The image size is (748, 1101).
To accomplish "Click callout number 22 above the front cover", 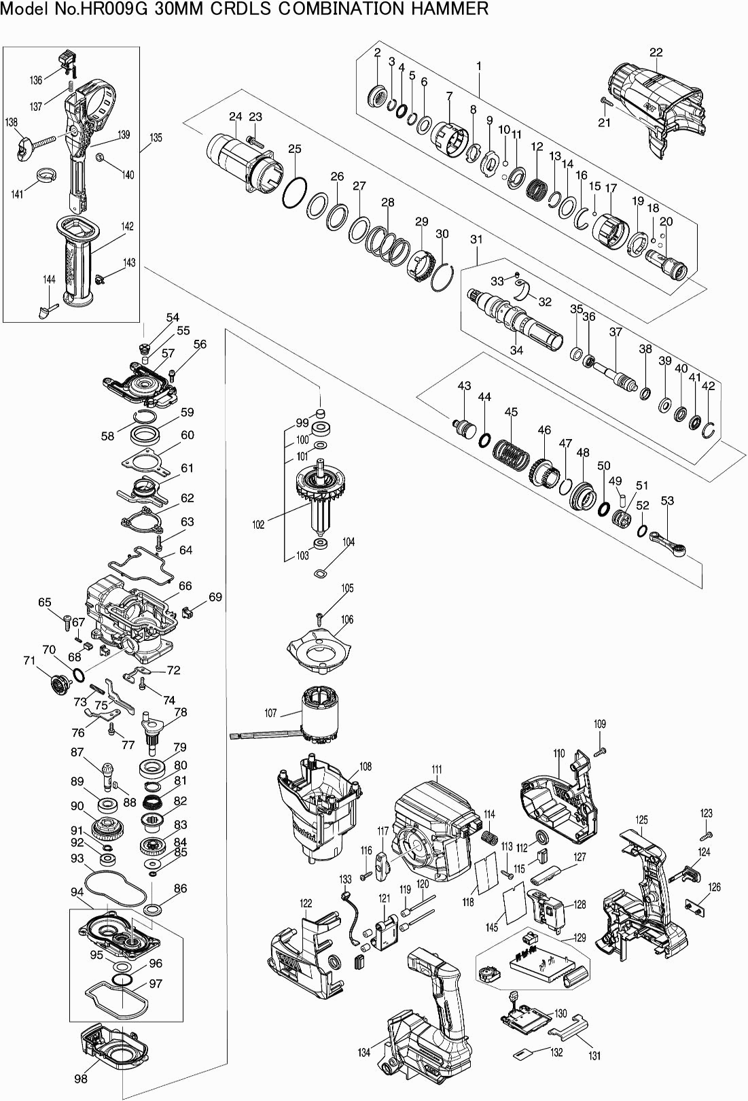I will tap(656, 52).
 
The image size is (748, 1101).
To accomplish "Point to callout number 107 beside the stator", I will tap(270, 713).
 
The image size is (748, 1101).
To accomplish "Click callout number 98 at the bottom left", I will tap(81, 1079).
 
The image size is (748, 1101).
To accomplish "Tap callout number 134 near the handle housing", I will tap(364, 1052).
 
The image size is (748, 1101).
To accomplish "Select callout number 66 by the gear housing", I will tap(185, 586).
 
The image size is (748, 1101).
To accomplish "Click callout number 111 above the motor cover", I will tap(436, 769).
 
